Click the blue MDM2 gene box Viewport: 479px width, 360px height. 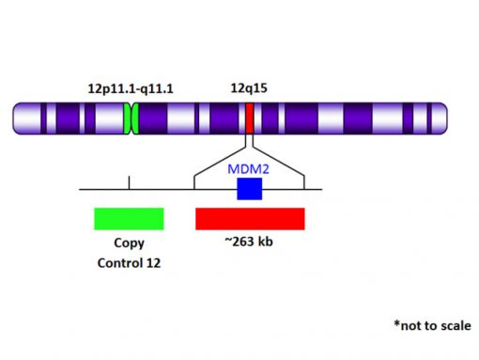(x=249, y=189)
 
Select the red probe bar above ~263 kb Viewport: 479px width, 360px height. (x=250, y=218)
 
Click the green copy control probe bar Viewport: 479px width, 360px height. (x=129, y=218)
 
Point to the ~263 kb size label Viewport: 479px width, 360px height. (x=249, y=243)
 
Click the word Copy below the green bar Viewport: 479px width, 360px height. (x=129, y=243)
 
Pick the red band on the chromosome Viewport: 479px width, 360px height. (x=250, y=118)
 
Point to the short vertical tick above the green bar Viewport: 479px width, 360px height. (x=129, y=181)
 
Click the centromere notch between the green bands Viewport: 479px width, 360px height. (x=132, y=118)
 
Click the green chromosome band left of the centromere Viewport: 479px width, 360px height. (x=127, y=118)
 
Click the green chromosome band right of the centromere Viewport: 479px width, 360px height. (x=137, y=118)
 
